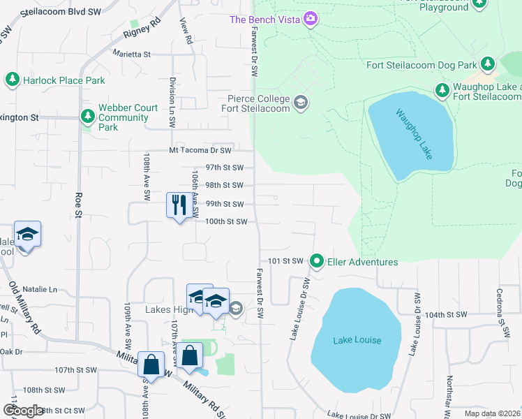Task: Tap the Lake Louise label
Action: pyautogui.click(x=357, y=340)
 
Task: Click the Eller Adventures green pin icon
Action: pyautogui.click(x=317, y=262)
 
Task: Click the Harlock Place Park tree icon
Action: pyautogui.click(x=12, y=80)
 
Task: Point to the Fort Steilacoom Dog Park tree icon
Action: pyautogui.click(x=487, y=66)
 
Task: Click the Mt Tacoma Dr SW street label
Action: pyautogui.click(x=200, y=150)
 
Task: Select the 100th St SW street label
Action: pyautogui.click(x=225, y=221)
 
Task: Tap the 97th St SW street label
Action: pyautogui.click(x=223, y=168)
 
